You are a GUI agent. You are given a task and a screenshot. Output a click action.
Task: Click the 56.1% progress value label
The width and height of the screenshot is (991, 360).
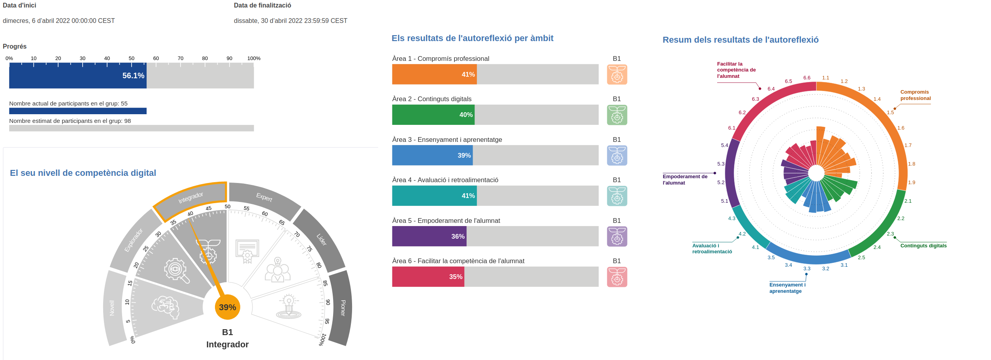pos(133,75)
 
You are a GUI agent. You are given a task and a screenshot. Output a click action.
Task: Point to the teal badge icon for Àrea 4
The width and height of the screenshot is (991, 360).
pos(617,196)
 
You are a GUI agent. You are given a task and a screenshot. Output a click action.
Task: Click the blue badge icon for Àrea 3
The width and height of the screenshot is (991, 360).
pos(617,155)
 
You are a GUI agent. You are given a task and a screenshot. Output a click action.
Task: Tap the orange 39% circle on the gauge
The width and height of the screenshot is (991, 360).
pos(228,307)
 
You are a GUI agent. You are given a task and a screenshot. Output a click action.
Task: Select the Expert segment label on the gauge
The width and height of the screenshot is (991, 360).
pos(264,197)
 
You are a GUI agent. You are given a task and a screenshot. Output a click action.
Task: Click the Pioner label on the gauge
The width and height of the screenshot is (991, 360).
pos(343,307)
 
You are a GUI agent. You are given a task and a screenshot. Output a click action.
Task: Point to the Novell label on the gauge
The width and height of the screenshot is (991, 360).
pos(112,308)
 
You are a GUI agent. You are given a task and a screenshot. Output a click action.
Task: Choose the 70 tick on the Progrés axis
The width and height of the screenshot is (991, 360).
pos(181,58)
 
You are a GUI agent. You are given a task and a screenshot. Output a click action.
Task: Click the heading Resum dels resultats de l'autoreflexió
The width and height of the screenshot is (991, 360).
pos(740,40)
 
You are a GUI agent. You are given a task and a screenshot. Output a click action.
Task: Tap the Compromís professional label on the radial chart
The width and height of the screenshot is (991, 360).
pos(915,95)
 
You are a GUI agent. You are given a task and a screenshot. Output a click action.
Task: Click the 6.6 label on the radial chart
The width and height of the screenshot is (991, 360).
pos(806,78)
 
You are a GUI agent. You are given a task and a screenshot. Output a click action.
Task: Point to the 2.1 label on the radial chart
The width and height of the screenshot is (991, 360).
pos(908,201)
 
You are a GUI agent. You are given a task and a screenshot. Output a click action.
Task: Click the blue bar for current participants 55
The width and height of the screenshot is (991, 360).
pos(78,111)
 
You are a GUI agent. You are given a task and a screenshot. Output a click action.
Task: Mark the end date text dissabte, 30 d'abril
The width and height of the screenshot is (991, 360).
pos(290,21)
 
